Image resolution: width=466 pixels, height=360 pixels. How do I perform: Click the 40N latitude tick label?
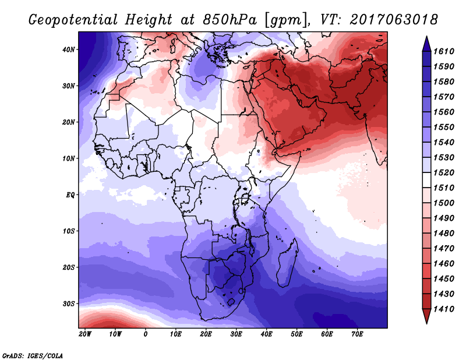tap(69, 50)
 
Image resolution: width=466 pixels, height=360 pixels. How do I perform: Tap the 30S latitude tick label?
tap(69, 304)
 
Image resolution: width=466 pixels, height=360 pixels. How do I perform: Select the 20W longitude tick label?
tap(85, 334)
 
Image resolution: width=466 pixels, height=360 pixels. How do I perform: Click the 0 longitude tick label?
tap(145, 334)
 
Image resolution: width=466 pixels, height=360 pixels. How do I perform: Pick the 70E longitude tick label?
tap(357, 334)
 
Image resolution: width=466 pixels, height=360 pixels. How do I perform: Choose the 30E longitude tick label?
tap(236, 334)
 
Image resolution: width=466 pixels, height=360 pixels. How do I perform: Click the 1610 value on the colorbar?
tap(444, 51)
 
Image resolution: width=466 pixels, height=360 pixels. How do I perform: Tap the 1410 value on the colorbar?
tap(444, 309)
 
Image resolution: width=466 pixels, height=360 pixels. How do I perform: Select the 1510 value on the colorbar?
tap(444, 188)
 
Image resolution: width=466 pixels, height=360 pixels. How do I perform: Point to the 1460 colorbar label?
tap(444, 264)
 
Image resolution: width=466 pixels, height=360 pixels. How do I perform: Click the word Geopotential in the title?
tap(73, 20)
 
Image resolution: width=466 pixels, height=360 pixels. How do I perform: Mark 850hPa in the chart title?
tap(230, 20)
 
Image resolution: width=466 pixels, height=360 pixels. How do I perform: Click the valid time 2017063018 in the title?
tap(394, 20)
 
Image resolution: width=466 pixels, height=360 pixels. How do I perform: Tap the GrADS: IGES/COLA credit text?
tap(33, 356)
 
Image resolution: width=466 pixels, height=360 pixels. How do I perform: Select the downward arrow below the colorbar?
tap(426, 316)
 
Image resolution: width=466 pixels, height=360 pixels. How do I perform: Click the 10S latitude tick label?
tap(69, 231)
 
